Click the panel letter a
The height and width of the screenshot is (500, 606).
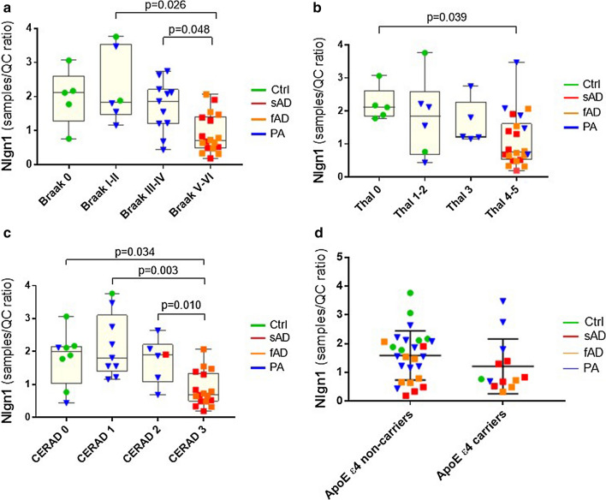[x=6, y=7]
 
